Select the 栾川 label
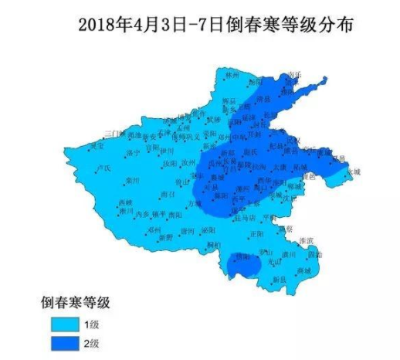click(x=132, y=181)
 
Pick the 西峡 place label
click(x=126, y=203)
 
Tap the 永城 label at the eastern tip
click(x=352, y=171)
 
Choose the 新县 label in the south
click(x=278, y=278)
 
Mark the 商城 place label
click(x=303, y=270)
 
